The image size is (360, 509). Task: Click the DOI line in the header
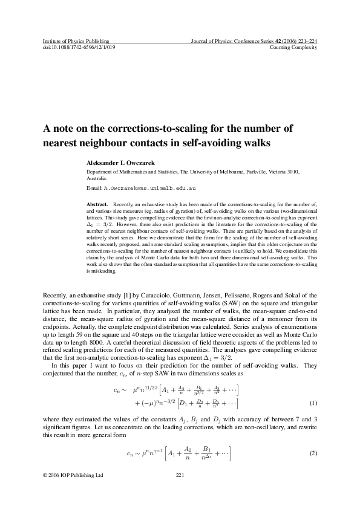click(x=79, y=47)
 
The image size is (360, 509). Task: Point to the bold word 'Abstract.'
click(x=99, y=205)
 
